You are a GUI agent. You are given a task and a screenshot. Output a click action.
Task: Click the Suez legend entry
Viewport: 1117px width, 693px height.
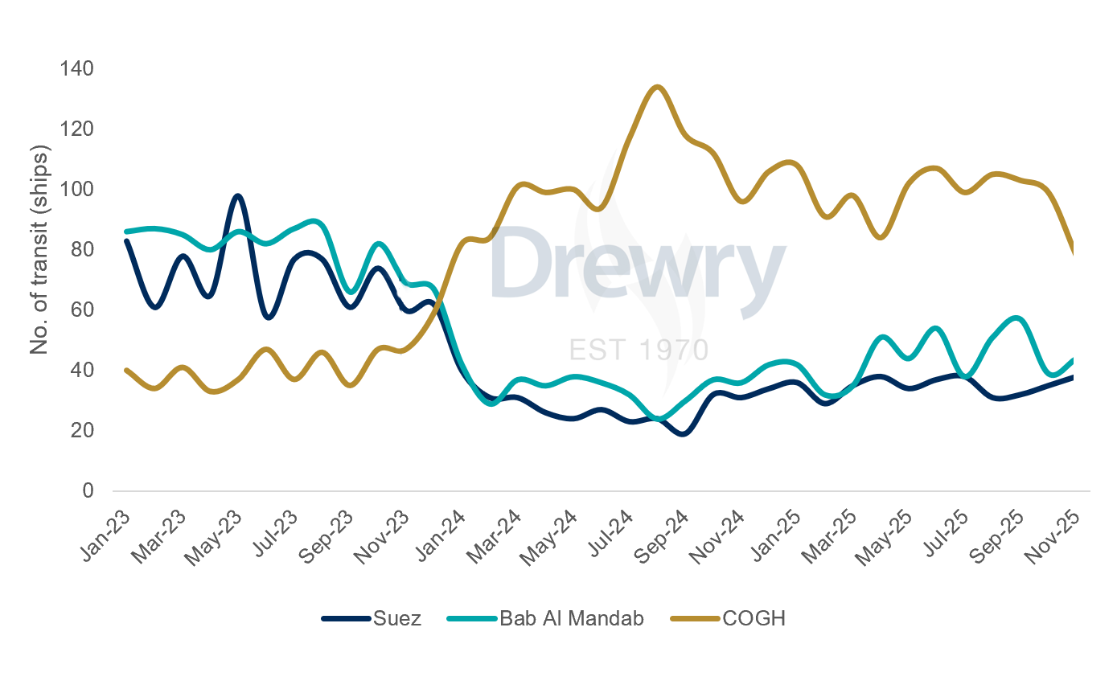click(372, 619)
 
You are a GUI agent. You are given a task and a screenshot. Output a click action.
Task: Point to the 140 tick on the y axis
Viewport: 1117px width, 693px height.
click(76, 69)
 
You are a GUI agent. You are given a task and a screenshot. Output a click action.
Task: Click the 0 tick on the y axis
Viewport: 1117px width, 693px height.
click(88, 491)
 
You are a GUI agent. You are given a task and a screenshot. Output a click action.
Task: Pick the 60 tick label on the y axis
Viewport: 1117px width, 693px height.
click(82, 310)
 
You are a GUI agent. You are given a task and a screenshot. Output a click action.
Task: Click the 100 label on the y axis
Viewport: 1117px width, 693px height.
click(76, 190)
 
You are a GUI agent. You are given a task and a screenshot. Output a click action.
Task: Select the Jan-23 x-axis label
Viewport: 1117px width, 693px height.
click(106, 531)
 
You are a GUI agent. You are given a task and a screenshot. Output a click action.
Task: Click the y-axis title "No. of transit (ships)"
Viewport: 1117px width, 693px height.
click(39, 250)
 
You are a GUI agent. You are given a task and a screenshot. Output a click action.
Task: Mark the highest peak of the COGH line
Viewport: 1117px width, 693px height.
click(657, 87)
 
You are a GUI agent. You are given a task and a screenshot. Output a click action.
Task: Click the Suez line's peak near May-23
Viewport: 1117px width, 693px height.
click(238, 195)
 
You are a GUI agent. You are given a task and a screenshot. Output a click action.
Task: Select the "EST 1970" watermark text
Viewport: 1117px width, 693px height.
click(639, 350)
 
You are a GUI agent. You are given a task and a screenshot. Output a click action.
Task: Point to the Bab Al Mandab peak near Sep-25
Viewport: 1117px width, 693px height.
click(1018, 318)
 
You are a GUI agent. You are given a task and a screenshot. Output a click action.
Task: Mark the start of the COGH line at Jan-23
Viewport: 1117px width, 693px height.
click(126, 370)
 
